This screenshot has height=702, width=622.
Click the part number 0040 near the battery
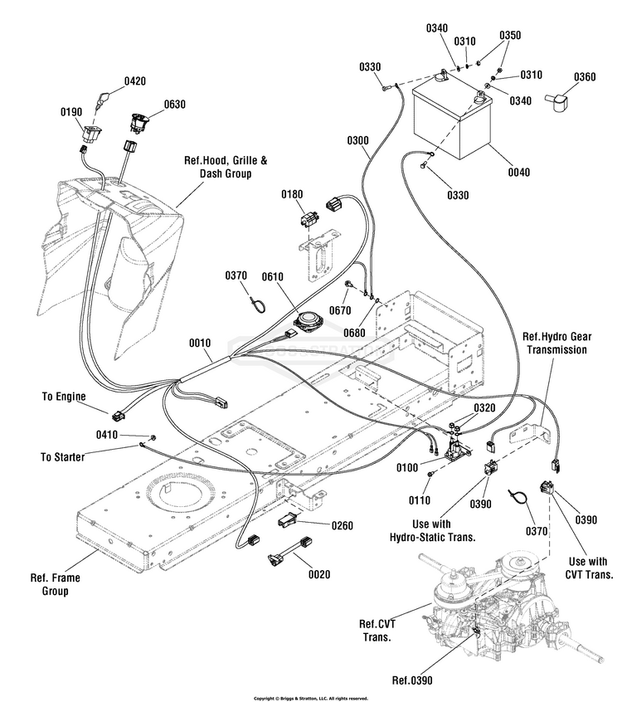coord(519,173)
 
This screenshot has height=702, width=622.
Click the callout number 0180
coord(292,194)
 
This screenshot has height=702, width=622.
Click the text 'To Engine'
coord(64,397)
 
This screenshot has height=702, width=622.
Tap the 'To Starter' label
coord(62,457)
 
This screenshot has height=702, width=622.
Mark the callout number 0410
coord(107,435)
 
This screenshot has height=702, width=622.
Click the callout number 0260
coord(342,524)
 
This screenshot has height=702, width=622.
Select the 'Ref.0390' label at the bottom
coord(412,680)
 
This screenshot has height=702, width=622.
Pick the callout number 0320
coord(485,407)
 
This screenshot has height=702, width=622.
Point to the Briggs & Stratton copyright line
coord(311,698)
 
